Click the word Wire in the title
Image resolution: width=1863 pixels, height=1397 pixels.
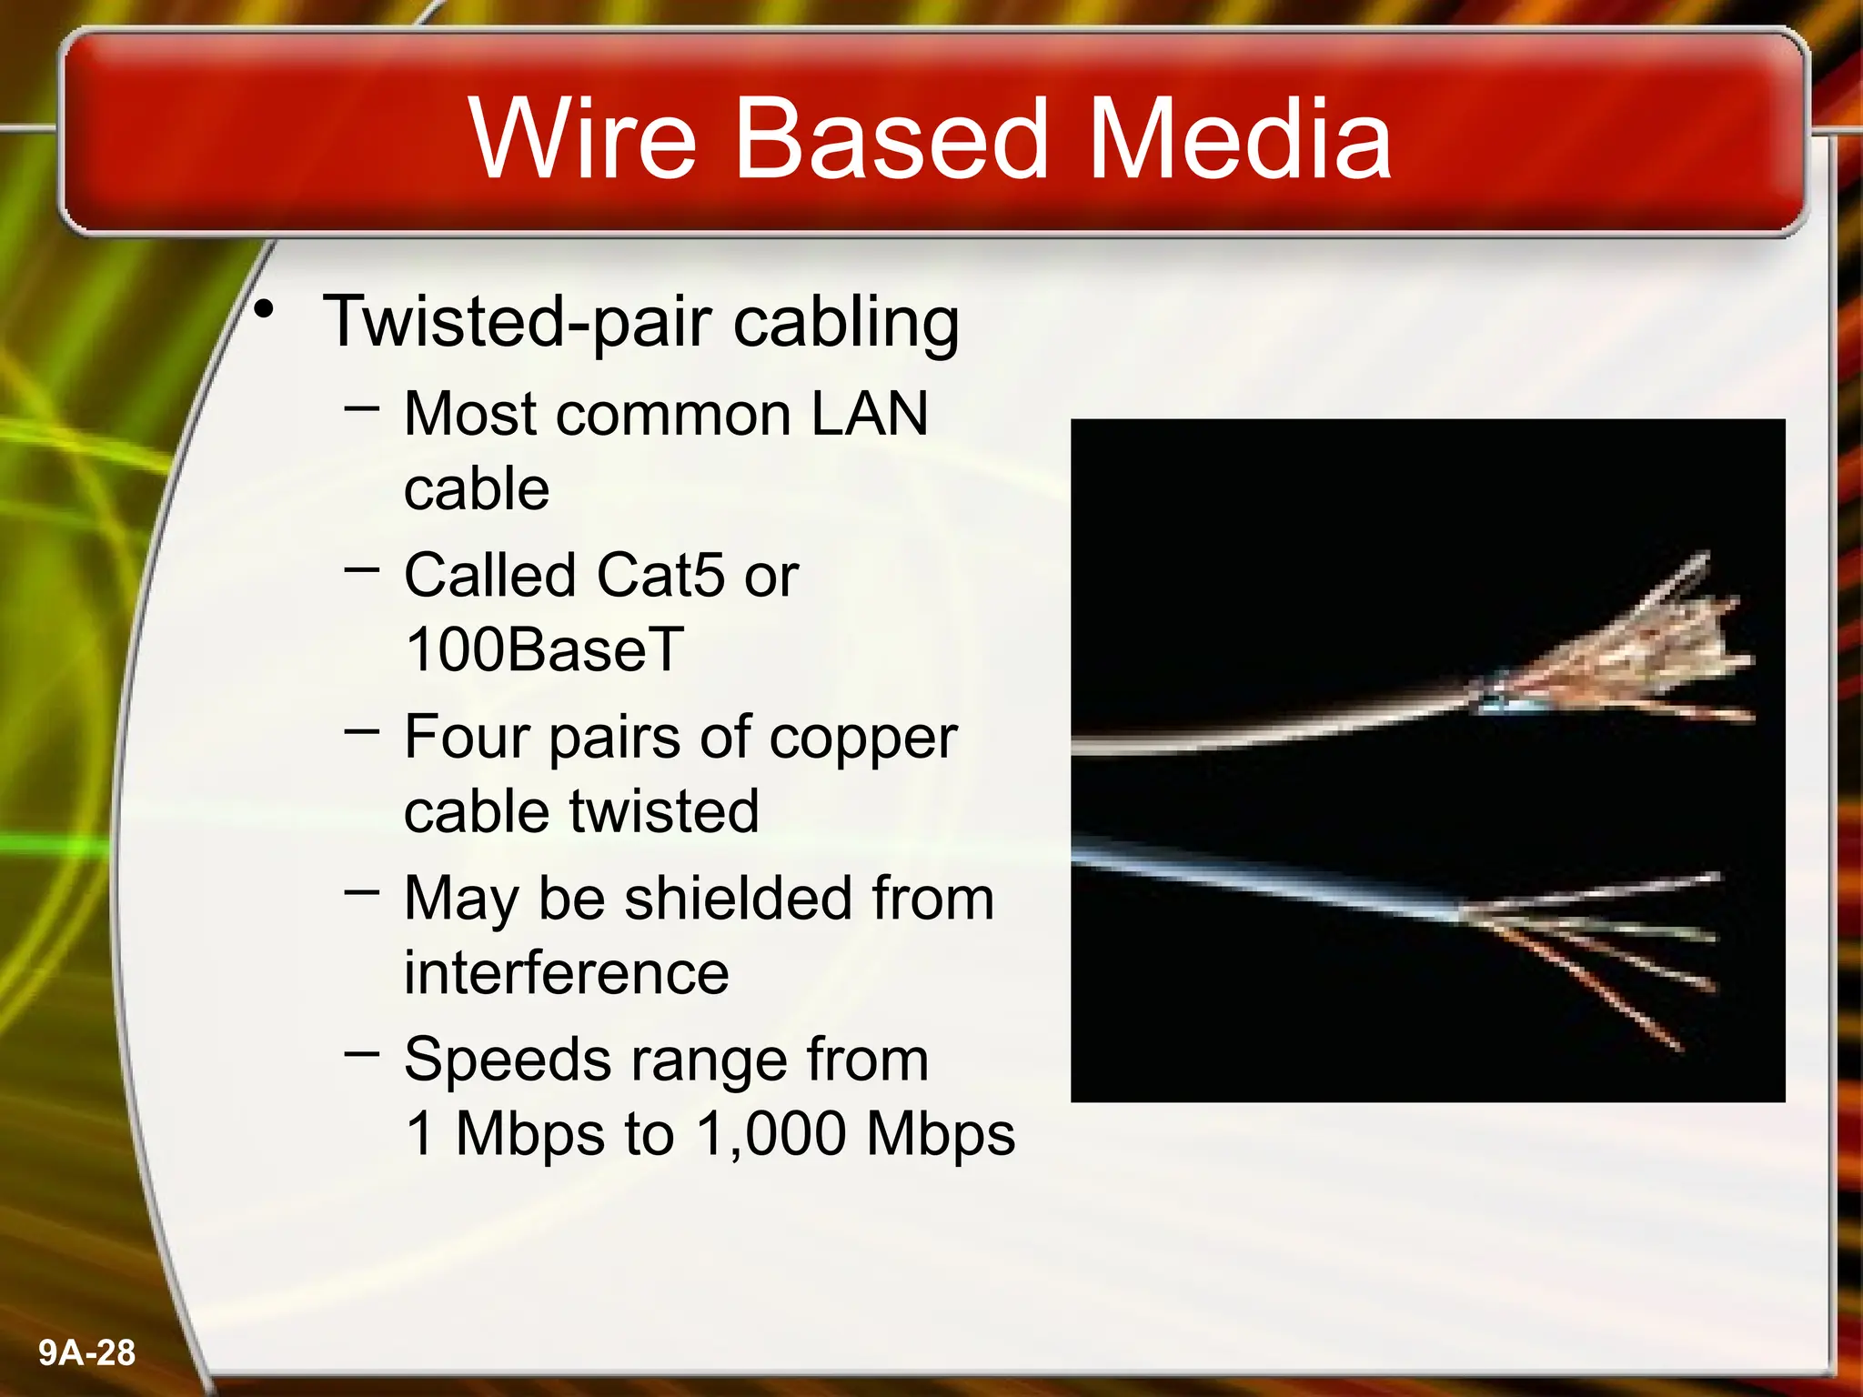pos(582,138)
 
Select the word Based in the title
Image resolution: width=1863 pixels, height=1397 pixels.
pos(891,138)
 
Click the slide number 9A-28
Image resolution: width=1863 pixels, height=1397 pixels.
pos(87,1352)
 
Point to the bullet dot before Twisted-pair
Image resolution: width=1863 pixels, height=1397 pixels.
pos(264,311)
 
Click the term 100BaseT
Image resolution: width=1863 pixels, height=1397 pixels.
pos(544,649)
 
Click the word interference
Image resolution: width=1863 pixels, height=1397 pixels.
pos(566,973)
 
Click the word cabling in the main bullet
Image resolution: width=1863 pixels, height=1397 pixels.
pos(846,323)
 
